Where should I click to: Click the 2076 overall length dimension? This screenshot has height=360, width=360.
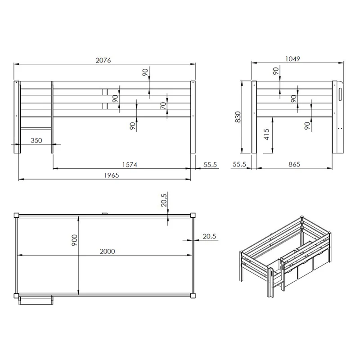click(103, 60)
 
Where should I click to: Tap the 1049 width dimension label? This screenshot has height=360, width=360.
click(292, 59)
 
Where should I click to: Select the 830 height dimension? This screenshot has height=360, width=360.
click(238, 117)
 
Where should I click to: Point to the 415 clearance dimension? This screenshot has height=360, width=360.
click(266, 134)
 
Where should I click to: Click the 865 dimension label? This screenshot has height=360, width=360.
click(294, 164)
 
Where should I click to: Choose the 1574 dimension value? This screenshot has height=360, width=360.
click(130, 165)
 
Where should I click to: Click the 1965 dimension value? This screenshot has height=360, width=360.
click(112, 175)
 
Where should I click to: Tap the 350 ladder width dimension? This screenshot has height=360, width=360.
click(36, 140)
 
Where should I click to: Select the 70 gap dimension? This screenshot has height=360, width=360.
click(163, 105)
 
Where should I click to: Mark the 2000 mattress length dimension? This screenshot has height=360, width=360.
click(107, 251)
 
